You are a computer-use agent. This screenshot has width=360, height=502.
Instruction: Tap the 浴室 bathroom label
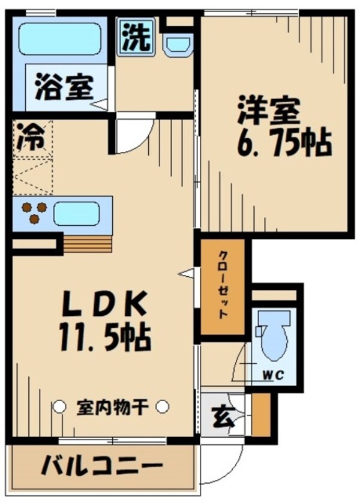(63, 87)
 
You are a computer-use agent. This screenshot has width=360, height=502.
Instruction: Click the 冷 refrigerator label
(31, 137)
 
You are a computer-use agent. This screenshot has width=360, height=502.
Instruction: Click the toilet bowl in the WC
(273, 336)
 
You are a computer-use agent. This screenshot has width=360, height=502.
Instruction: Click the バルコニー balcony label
(102, 466)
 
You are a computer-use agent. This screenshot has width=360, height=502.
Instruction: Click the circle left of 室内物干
(59, 407)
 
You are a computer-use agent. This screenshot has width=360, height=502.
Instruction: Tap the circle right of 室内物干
(163, 407)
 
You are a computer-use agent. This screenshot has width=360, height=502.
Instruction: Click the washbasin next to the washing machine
(177, 44)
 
